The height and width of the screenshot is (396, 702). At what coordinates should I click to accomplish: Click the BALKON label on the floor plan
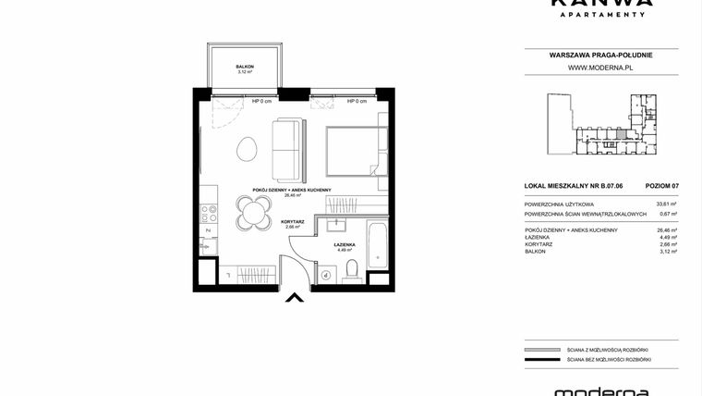pyautogui.click(x=245, y=67)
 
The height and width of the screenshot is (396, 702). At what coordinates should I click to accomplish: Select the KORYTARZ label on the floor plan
pyautogui.click(x=295, y=222)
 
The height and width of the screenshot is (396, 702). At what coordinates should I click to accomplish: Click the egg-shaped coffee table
pyautogui.click(x=248, y=148)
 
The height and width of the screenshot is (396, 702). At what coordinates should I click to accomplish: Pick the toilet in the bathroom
pyautogui.click(x=352, y=270)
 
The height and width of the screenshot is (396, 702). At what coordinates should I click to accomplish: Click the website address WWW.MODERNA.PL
pyautogui.click(x=599, y=68)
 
